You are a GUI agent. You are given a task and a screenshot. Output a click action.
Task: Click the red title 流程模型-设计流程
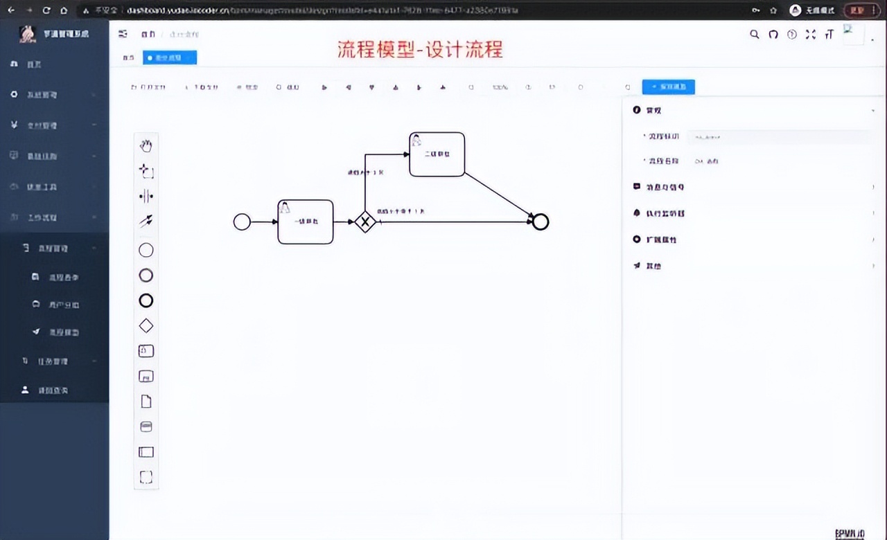coord(420,50)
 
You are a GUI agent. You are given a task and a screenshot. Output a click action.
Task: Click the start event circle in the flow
coord(242,222)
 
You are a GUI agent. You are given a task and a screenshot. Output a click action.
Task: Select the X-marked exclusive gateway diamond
coord(365,222)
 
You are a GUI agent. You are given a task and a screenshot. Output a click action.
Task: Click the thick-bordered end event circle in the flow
coord(541,222)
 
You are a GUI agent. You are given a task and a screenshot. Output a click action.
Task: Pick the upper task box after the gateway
coord(437,154)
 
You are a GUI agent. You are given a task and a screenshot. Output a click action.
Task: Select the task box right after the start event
coord(305,222)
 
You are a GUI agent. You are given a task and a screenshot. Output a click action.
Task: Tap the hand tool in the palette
coord(146,145)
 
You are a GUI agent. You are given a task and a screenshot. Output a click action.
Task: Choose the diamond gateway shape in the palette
coord(146,325)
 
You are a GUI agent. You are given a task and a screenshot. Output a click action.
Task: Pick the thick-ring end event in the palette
coord(146,300)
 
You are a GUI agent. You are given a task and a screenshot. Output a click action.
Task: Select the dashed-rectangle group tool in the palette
coord(146,477)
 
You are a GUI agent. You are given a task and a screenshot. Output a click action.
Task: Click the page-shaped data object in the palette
coord(146,402)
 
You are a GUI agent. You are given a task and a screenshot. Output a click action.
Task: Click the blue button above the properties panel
coord(668,87)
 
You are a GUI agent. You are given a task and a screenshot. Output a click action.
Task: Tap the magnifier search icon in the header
coord(755,35)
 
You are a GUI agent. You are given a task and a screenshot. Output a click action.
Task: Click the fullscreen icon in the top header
coord(811,35)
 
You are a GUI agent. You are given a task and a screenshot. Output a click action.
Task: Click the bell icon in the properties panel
coord(637,213)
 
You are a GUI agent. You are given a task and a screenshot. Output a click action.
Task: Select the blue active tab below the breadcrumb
coord(170,58)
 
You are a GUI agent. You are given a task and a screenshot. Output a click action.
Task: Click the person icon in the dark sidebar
coord(26,390)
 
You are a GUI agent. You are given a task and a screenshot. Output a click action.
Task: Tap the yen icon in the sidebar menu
coord(14,125)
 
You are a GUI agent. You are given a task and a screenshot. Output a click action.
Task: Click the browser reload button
coord(46,10)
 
